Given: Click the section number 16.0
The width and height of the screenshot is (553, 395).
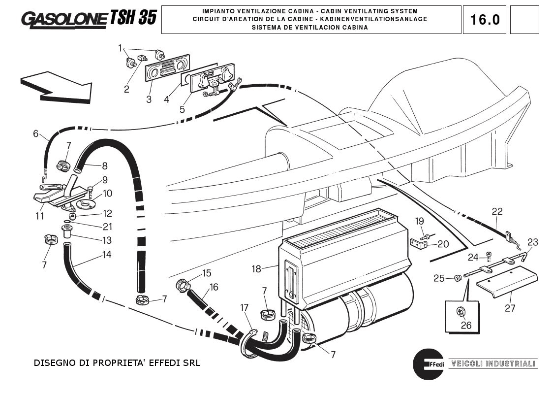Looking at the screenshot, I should (x=485, y=20).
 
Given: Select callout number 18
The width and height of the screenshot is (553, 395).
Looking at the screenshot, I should (x=256, y=269).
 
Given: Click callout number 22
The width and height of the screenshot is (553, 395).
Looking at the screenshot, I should (x=497, y=212).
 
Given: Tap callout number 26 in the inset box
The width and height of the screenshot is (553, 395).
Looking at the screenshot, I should (x=465, y=325).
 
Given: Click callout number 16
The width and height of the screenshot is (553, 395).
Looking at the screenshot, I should (x=213, y=287).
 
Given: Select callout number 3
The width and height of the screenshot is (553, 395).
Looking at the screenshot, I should (x=149, y=99).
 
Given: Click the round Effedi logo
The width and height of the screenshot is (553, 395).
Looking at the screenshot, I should (x=429, y=363).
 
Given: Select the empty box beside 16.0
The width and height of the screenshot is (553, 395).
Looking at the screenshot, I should (x=524, y=20).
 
